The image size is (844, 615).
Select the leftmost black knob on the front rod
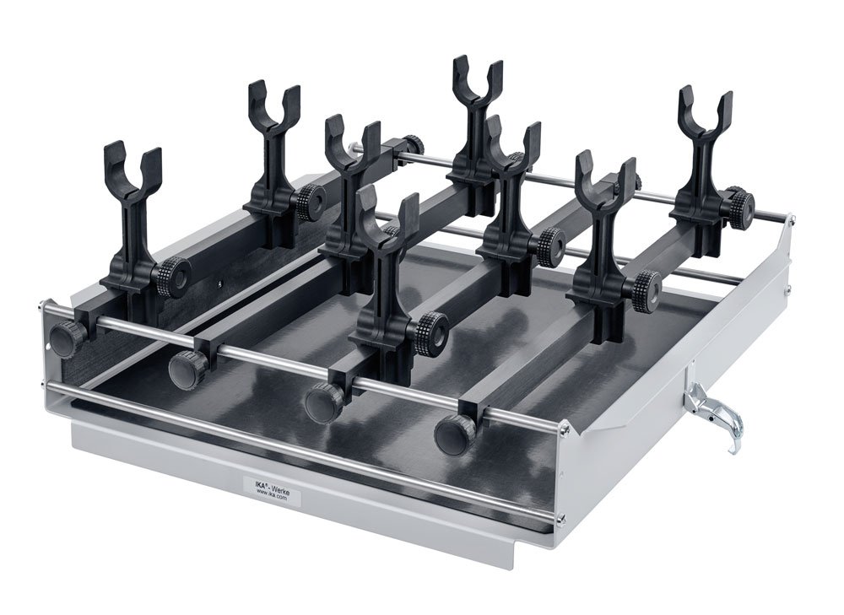(66, 338)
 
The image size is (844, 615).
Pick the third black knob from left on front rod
(324, 402)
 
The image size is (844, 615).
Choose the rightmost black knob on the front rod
(455, 434)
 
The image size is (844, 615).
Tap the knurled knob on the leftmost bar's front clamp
(174, 276)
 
